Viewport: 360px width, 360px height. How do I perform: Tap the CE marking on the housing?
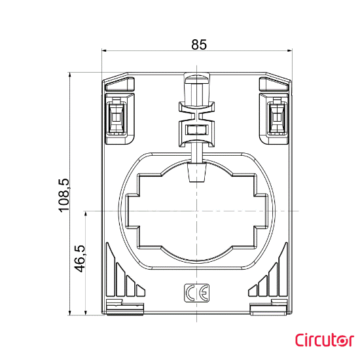tap(191, 295)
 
